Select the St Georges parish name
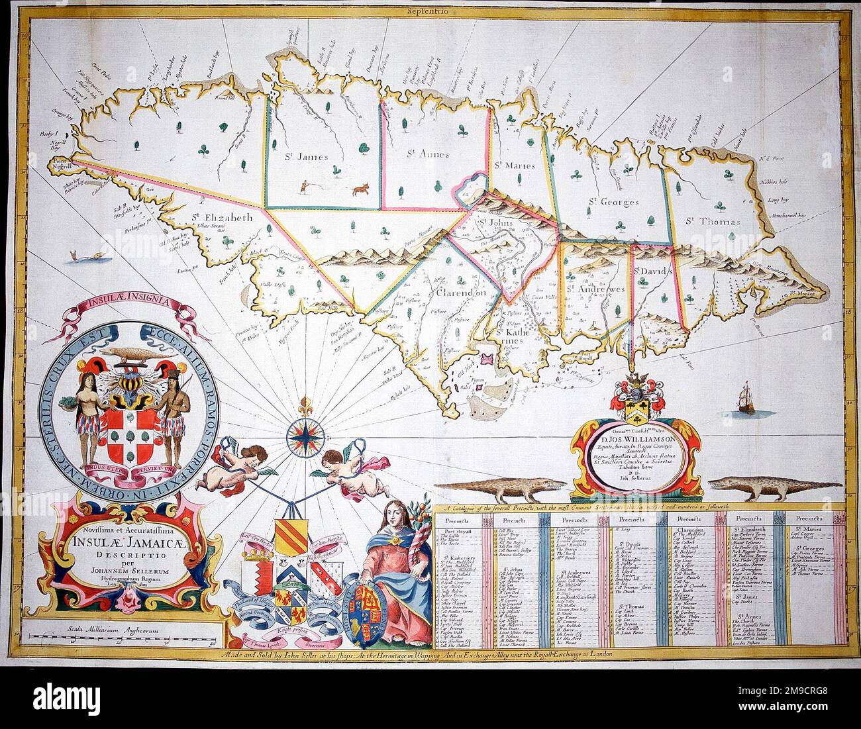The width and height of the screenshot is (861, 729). click(615, 202)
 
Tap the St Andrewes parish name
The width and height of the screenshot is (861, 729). click(596, 289)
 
